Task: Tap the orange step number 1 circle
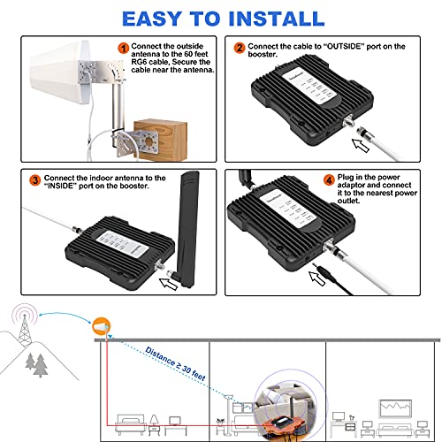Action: [124, 47]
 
